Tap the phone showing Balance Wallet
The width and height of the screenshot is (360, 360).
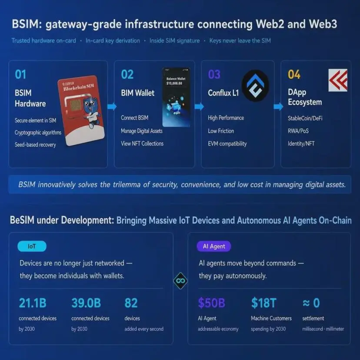[x=176, y=97]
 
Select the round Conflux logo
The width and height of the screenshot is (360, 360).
[x=255, y=85]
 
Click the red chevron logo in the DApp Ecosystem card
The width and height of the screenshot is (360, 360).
[x=338, y=80]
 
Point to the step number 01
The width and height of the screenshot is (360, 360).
[x=20, y=74]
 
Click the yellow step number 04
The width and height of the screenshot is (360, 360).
[x=294, y=74]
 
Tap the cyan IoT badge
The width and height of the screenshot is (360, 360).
[x=32, y=246]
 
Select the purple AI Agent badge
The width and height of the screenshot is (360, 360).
[x=214, y=246]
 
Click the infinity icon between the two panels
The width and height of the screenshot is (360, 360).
[x=180, y=280]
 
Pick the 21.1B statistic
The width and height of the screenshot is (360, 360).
[x=33, y=303]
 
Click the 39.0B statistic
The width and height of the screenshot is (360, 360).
[x=86, y=303]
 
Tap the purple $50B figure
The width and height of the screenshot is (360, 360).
[x=211, y=303]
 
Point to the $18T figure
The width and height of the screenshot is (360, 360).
[x=264, y=303]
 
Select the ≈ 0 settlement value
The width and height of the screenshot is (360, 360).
[x=311, y=303]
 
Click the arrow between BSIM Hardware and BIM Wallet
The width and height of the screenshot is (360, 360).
[x=112, y=106]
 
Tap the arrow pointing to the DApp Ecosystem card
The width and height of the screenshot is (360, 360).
[x=279, y=106]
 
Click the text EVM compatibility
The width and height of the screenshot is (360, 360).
[x=227, y=144]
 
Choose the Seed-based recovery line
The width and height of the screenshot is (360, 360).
[x=35, y=145]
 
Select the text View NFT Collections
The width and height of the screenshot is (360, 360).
[x=142, y=143]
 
